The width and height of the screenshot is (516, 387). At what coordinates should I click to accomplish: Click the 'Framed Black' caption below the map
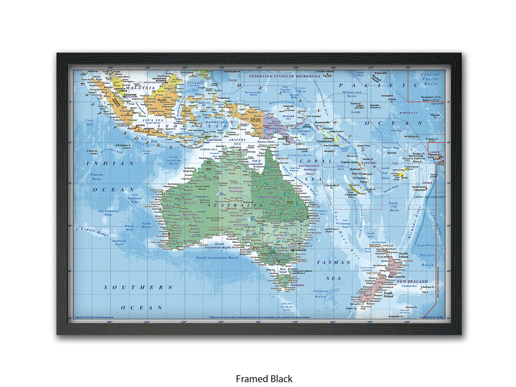264,378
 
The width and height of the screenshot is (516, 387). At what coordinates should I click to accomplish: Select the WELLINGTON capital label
397,277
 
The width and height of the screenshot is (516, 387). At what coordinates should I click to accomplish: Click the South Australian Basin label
217,257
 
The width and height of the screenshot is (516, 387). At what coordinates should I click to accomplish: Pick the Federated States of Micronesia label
284,76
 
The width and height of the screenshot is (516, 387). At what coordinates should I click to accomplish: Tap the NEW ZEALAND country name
412,281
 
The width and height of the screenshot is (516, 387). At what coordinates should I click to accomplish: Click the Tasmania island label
297,285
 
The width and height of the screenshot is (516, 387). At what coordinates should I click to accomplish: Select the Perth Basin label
146,225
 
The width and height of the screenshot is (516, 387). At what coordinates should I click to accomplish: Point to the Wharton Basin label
96,177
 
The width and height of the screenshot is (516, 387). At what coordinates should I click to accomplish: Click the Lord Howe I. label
332,230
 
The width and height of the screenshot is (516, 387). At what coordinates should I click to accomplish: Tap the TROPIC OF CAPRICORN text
429,197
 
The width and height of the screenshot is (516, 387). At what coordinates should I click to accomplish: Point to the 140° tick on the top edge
259,67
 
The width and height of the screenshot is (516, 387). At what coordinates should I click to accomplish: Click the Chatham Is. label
427,287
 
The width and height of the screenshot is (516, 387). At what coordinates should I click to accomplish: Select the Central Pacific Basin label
430,79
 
